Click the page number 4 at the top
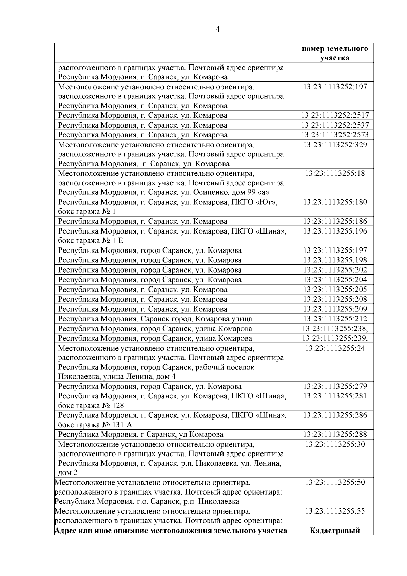coord(218,30)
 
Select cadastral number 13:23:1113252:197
coord(335,87)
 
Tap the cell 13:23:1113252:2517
coord(335,115)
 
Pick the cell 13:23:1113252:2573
coord(335,135)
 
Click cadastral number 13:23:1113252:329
coord(335,145)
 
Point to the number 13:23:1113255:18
coord(335,173)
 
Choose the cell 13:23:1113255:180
coord(335,202)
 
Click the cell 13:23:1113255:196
coord(335,231)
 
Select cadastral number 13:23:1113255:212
coord(335,319)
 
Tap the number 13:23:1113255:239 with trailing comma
coord(335,338)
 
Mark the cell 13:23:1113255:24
coord(335,348)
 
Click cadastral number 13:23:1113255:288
coord(335,434)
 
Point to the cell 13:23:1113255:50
coord(335,482)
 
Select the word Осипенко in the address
coord(209,192)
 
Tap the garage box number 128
coord(117,406)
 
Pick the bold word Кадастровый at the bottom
coord(335,531)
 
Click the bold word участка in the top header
coord(334,58)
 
